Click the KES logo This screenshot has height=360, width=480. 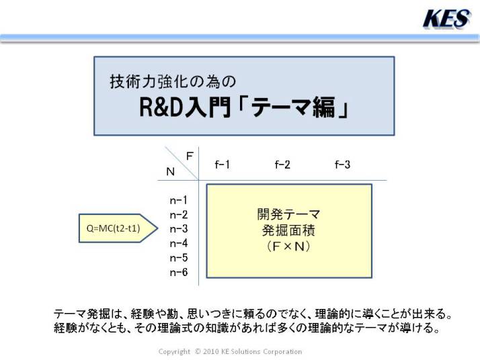tap(447, 19)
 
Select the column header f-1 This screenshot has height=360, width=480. tap(223, 165)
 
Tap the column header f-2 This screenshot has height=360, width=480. tap(282, 165)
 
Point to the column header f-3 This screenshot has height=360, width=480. tap(342, 165)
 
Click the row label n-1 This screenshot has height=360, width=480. tap(178, 200)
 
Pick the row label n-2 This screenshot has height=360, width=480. tap(178, 215)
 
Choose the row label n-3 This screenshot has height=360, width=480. tap(178, 229)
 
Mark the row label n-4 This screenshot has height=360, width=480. tap(178, 243)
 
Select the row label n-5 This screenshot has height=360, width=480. tap(178, 258)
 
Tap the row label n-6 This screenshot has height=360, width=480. tap(178, 272)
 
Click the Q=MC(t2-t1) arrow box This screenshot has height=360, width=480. tap(118, 228)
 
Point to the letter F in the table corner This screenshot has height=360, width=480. tap(190, 156)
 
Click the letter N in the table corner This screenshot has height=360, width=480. tap(171, 171)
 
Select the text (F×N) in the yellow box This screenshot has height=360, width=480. tap(288, 246)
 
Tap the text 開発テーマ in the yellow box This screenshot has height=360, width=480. tap(288, 214)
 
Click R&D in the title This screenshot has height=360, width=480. tap(161, 107)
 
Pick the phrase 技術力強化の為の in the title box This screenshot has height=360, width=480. tap(173, 81)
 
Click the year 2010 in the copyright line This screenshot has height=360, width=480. tap(210, 351)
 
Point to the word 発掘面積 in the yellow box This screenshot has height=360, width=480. tap(288, 230)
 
